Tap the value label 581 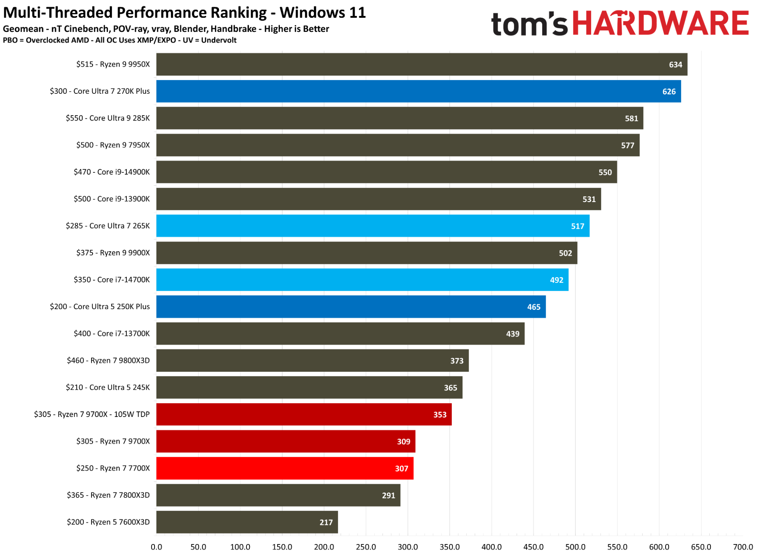coord(631,118)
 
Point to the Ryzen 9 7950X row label coord(113,145)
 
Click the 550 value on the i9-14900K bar coord(605,172)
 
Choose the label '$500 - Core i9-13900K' coord(112,199)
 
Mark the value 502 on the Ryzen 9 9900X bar coord(565,253)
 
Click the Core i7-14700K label coord(112,280)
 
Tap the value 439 coord(513,334)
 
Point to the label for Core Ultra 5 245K coord(107,387)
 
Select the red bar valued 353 coord(304,415)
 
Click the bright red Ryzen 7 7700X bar coord(285,469)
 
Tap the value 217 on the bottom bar coord(326,522)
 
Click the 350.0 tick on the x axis coord(450,547)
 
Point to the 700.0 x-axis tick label coord(743,547)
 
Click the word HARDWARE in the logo coord(660,24)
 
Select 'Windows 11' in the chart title coord(323,13)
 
